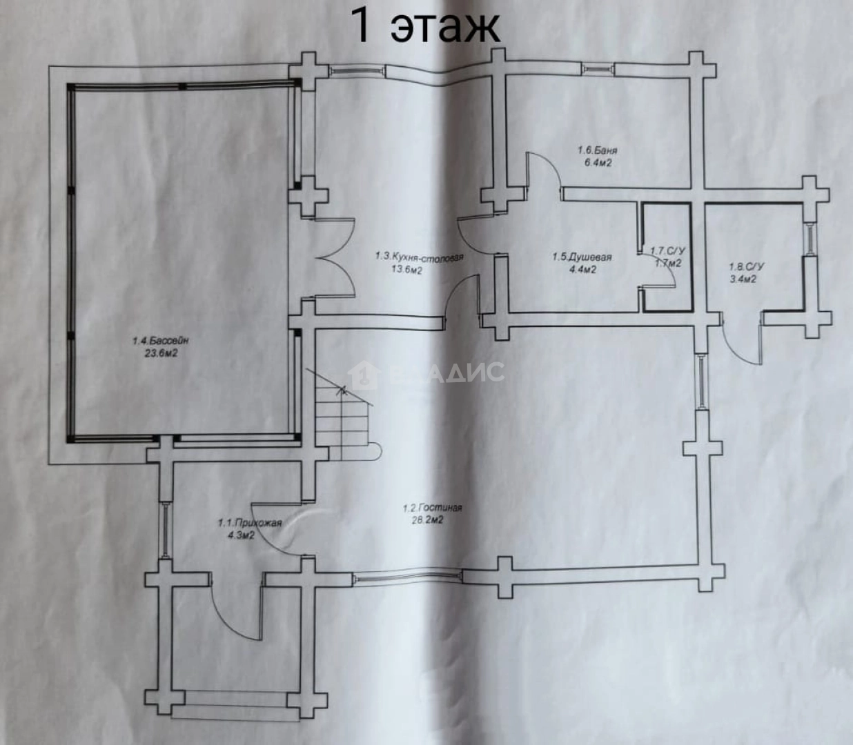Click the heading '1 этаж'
(425, 26)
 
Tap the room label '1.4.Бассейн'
(161, 340)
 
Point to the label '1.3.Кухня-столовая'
(419, 257)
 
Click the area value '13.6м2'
(406, 270)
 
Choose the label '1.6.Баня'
(597, 150)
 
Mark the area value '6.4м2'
(597, 163)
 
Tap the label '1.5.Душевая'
(582, 257)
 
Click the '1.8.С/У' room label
(746, 266)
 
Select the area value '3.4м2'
(743, 279)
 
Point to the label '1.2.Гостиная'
(432, 508)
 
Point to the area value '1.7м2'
(668, 263)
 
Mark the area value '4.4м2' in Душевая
(582, 270)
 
